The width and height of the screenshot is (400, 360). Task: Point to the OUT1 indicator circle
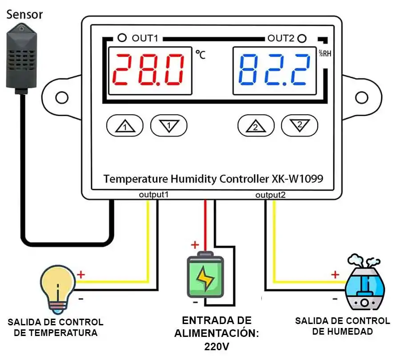coord(121,38)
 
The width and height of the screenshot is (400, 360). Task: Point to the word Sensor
coord(24,14)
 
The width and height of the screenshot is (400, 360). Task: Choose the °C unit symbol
coord(200,55)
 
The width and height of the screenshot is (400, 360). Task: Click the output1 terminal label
coord(154,195)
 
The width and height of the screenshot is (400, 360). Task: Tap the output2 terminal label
coord(270,195)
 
